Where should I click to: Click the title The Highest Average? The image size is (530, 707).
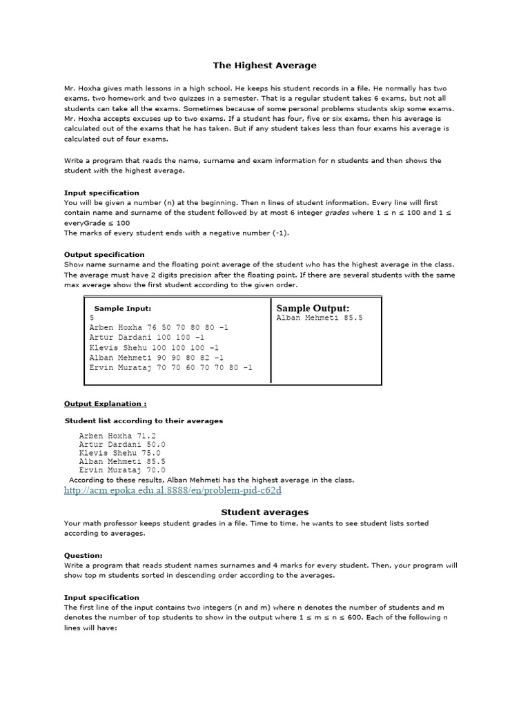tap(264, 66)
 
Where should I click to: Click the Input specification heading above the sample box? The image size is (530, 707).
tap(101, 193)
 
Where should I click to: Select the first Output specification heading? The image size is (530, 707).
tap(104, 254)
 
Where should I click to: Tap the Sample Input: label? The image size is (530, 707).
tap(122, 308)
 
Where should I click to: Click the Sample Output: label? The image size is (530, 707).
tap(313, 308)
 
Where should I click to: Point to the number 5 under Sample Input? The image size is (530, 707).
tap(92, 318)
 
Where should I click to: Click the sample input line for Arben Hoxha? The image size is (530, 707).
tap(159, 327)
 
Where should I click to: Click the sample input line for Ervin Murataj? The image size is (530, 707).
tap(170, 367)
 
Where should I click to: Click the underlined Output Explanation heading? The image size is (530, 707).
tap(105, 403)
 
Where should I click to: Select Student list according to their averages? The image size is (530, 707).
tap(144, 420)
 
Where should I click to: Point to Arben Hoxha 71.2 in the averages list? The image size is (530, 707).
tap(117, 436)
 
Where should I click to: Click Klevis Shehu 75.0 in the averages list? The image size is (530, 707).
tap(119, 453)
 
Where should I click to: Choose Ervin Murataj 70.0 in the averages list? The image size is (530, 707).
tap(122, 469)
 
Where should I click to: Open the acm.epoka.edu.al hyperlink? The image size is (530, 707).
tap(173, 490)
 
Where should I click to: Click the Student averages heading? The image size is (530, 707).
tap(264, 512)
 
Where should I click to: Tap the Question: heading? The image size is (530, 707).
tap(83, 554)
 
